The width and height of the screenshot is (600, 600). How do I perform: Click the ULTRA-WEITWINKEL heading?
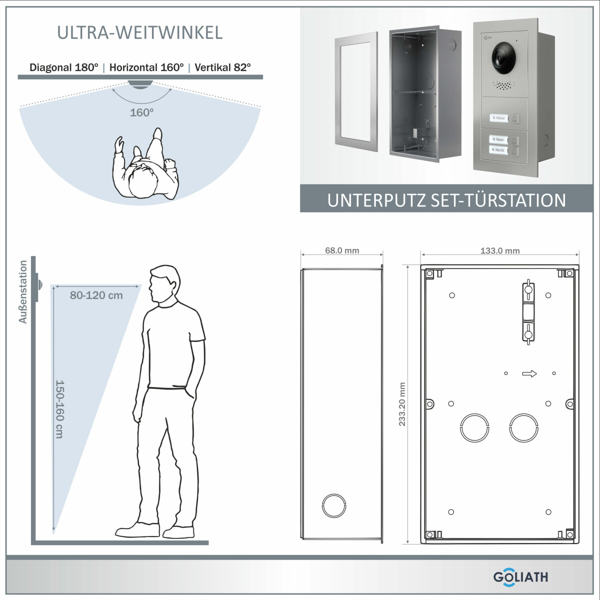pos(139,32)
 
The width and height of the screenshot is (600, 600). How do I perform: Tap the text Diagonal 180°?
pos(63,67)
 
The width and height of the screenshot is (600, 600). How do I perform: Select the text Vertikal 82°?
pos(223,67)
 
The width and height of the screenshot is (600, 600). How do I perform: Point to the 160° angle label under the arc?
pos(141,112)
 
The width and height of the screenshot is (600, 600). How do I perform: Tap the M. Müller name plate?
pos(498,118)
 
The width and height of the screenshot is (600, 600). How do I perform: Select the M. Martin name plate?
pos(498,150)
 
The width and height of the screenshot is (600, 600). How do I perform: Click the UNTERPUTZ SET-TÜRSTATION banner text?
pos(446,200)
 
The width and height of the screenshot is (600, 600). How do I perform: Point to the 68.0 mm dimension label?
pos(342,250)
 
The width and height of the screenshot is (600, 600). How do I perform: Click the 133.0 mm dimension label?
pos(499,250)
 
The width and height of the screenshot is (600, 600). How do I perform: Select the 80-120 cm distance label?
pos(96,295)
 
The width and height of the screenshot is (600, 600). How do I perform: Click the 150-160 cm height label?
pos(59,409)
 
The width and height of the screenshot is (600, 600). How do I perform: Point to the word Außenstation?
pos(23,291)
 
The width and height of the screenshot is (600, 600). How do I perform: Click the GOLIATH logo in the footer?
pos(520,576)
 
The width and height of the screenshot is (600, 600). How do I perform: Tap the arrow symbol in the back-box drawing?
pos(529,373)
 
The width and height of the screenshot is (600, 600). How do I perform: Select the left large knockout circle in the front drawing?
pos(474,427)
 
